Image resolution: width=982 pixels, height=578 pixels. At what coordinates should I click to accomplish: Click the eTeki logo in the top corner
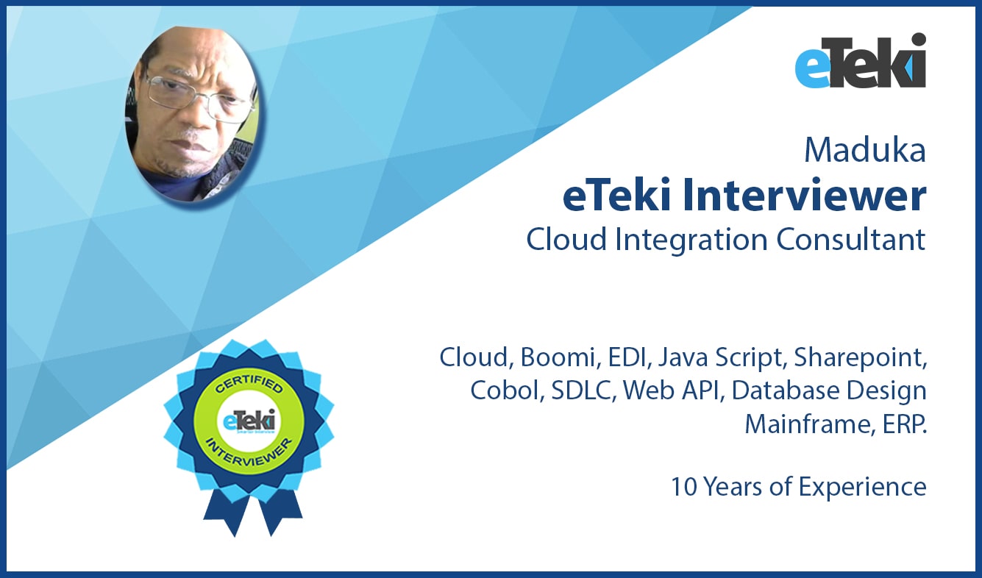point(860,60)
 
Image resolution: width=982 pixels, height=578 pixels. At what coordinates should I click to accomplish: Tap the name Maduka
point(864,150)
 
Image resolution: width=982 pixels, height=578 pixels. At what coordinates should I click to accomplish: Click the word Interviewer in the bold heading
point(804,196)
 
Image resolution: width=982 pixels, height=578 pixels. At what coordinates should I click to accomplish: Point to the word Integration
point(691,240)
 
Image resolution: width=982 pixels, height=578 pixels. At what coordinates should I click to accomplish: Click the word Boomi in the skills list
point(557,357)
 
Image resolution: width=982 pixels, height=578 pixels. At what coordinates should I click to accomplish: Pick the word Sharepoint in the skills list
point(860,358)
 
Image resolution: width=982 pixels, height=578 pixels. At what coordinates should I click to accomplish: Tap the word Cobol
point(506,390)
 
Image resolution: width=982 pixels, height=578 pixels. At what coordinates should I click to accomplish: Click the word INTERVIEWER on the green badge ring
point(249,453)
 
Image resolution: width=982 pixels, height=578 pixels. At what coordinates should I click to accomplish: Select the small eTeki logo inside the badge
point(249,421)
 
